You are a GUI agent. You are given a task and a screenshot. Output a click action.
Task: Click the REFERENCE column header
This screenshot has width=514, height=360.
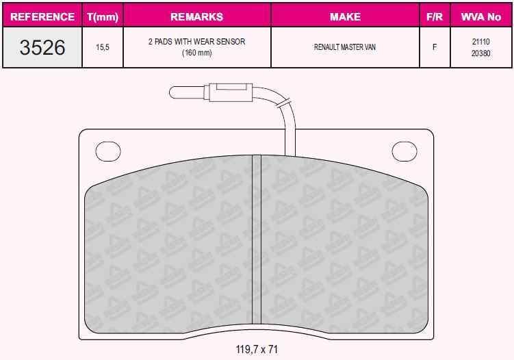[x=42, y=16]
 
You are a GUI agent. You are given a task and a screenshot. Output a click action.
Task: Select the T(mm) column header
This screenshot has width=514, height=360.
[x=103, y=16]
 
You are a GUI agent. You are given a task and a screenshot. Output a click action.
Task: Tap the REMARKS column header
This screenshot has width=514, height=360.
[x=196, y=16]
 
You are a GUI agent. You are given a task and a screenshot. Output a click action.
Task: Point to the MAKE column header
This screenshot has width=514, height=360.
[x=345, y=16]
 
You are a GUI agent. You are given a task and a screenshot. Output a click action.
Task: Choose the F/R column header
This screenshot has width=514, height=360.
[x=435, y=16]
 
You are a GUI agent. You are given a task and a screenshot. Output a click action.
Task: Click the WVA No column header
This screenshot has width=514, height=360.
[x=481, y=16]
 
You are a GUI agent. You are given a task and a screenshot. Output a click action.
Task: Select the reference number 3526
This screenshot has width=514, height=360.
[x=42, y=47]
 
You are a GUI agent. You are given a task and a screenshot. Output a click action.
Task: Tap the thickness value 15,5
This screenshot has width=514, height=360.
[x=103, y=47]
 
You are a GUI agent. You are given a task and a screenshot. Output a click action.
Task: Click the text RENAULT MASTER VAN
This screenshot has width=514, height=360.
[x=345, y=47]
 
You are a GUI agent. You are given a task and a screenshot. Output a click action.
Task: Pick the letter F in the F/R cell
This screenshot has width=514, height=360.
[x=435, y=47]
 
